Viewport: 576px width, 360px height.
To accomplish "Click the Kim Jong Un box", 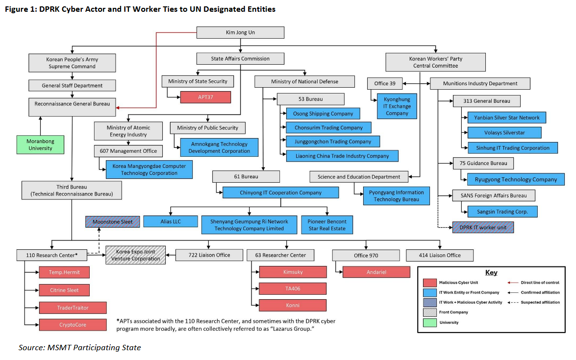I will [240, 33].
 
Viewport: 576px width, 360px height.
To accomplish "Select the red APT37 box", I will [205, 97].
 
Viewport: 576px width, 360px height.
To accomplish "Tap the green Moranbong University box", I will [40, 144].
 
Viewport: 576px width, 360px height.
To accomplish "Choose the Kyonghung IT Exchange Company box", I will [397, 106].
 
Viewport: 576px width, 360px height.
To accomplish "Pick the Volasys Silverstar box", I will [504, 132].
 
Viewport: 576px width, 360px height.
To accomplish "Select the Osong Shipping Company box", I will [323, 114].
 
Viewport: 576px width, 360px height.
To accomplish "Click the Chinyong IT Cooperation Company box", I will [280, 192].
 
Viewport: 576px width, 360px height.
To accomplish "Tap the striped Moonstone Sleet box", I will [112, 222].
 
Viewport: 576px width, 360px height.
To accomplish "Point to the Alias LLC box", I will [170, 221].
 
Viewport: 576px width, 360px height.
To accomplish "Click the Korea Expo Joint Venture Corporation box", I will [136, 255].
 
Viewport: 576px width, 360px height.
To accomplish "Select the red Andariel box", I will [376, 272].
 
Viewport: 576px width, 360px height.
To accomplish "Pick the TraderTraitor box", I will [73, 308].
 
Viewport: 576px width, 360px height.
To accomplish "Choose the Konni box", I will [293, 305].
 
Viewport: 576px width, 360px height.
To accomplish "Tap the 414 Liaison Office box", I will [440, 255].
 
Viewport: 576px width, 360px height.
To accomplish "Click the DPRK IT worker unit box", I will [483, 228].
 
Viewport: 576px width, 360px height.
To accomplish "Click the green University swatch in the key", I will [429, 322].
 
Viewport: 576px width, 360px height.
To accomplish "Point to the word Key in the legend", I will [491, 273].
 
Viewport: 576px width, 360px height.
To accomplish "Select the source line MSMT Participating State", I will [79, 347].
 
